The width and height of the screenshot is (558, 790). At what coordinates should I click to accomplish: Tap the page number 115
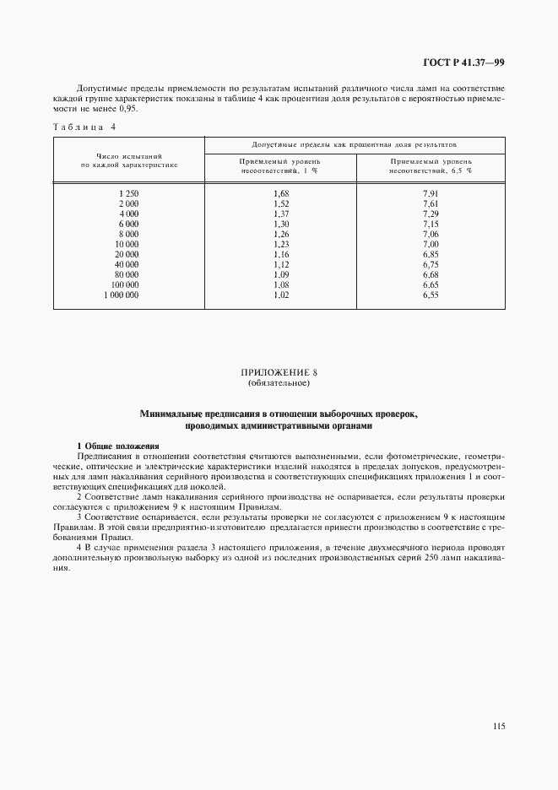click(x=497, y=725)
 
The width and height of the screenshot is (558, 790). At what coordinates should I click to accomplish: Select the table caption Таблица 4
click(x=84, y=127)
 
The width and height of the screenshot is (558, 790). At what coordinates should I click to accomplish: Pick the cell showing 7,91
click(x=431, y=194)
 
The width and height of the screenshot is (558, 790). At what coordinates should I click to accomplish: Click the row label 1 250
click(x=128, y=194)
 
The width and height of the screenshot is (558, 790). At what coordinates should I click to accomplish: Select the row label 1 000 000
click(x=122, y=295)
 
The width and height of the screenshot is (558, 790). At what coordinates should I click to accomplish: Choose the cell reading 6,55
click(x=431, y=295)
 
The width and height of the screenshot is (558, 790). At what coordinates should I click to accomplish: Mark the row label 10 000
click(x=127, y=245)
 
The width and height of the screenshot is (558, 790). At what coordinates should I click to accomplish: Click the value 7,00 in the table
click(x=431, y=245)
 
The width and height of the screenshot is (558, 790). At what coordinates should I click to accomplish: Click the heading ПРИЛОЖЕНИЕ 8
click(x=279, y=372)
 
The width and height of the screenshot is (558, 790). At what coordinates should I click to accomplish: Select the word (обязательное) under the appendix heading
click(x=279, y=384)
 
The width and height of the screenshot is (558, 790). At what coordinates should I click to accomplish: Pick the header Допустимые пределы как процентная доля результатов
click(x=355, y=145)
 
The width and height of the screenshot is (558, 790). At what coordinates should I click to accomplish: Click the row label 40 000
click(x=127, y=265)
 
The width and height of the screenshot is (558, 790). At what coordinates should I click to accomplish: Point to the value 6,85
click(x=431, y=255)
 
